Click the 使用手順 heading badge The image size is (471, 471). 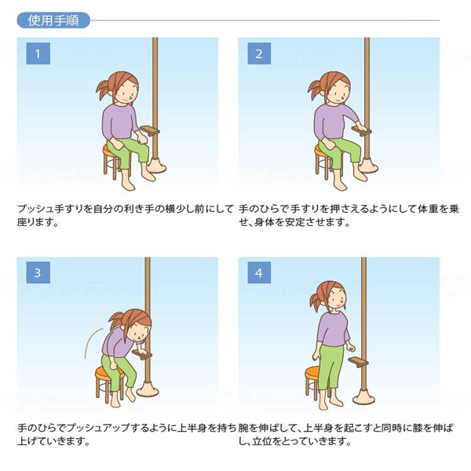pos(53,20)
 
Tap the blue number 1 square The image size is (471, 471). pos(38,53)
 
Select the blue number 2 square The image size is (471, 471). pos(259,53)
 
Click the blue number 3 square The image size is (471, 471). pos(38,272)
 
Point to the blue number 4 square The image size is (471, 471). pos(259,272)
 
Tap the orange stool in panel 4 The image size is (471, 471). pos(313,383)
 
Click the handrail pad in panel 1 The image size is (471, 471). pos(150,130)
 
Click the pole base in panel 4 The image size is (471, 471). pos(363,397)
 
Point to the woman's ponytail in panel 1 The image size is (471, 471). pos(104,88)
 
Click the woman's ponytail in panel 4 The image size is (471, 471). pos(316,301)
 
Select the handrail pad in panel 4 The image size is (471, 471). pos(358,361)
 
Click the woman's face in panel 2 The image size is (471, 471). pos(339,91)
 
